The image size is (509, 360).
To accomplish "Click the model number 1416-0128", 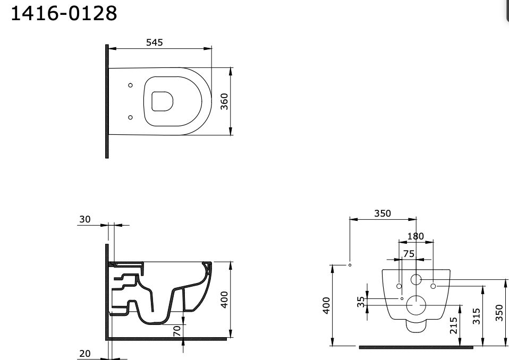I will [64, 13].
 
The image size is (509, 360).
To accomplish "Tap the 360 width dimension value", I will [224, 101].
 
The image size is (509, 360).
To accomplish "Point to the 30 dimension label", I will [84, 219].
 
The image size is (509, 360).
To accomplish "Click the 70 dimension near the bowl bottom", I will [177, 330].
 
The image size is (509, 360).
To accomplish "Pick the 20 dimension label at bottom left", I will [84, 353].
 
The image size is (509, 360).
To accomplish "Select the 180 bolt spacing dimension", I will [415, 236].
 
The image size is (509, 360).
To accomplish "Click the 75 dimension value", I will [408, 254].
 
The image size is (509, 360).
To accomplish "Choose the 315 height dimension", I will [477, 316].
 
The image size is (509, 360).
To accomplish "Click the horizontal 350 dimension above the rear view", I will [382, 213].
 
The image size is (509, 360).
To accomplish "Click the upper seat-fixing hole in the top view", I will [130, 85].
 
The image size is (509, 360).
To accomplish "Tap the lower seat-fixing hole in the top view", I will [130, 117].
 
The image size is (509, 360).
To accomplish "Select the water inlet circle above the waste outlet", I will [416, 280].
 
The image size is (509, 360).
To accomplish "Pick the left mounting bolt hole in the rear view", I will [399, 286].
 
